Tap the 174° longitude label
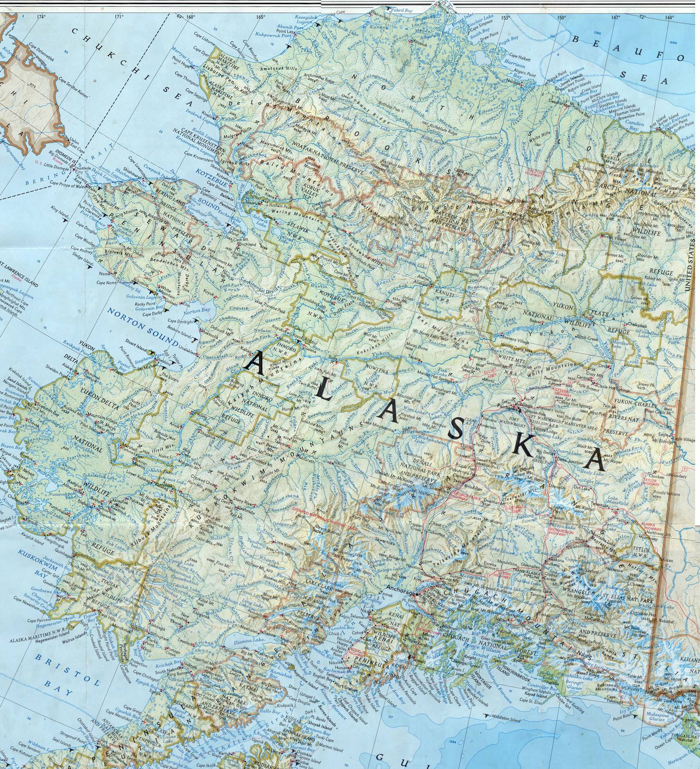coord(41,17)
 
